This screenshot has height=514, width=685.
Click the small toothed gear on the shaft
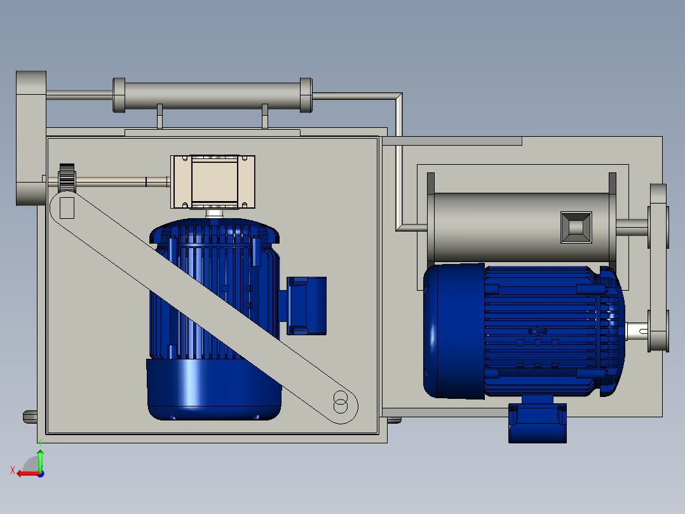[x=67, y=178]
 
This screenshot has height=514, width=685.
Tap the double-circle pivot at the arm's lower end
[x=341, y=403]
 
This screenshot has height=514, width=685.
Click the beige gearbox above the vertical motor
[x=213, y=182]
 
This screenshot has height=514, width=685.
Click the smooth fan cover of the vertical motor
[x=214, y=389]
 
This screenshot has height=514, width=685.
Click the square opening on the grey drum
[x=576, y=227]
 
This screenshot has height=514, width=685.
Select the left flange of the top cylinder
[x=119, y=95]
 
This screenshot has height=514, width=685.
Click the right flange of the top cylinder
[x=306, y=95]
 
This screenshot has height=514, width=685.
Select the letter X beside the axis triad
[x=12, y=470]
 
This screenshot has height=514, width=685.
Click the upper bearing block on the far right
[x=658, y=216]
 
